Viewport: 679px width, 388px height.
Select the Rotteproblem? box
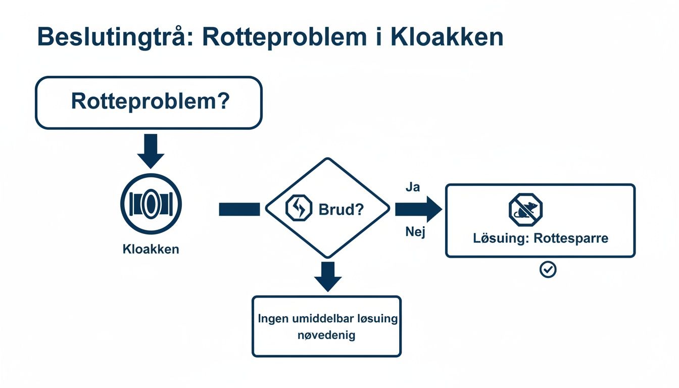[x=149, y=103]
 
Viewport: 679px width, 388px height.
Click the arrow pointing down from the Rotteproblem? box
[x=151, y=151]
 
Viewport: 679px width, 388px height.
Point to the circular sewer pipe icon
[x=151, y=204]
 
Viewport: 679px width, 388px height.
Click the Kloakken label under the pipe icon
[x=151, y=249]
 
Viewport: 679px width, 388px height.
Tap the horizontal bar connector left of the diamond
[x=239, y=209]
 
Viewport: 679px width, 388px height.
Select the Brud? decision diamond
[x=327, y=208]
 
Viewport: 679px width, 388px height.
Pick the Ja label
[x=413, y=187]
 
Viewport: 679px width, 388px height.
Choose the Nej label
[x=415, y=232]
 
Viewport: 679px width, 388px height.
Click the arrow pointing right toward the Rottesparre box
[x=418, y=209]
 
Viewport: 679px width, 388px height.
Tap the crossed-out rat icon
[x=525, y=209]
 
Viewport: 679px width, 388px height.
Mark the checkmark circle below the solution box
[x=548, y=270]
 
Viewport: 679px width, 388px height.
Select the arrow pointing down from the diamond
[x=328, y=276]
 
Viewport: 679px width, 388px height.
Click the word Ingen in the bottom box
[x=273, y=319]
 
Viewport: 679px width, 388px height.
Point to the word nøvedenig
[x=327, y=334]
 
